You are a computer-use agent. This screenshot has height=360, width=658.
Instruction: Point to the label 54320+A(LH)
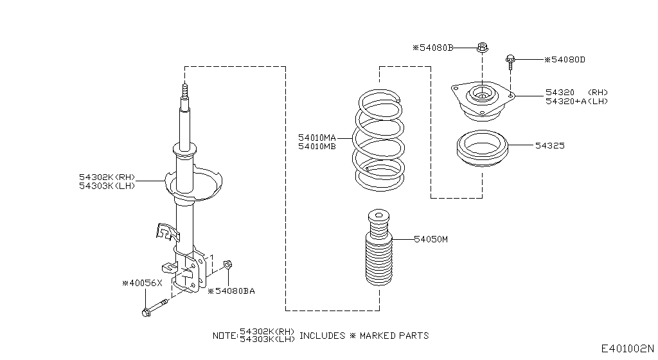(x=576, y=101)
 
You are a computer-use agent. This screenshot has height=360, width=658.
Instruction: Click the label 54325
(x=549, y=146)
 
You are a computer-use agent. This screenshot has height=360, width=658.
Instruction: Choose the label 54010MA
(x=317, y=138)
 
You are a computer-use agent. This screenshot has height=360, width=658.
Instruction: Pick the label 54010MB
(x=317, y=146)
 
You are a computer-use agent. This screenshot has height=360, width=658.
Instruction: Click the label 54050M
(x=431, y=239)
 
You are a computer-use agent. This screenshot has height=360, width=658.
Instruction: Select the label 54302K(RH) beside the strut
(x=107, y=176)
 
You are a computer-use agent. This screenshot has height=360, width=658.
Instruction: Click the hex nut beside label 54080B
(x=482, y=47)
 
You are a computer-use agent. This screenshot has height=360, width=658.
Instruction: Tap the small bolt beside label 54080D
(x=510, y=61)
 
